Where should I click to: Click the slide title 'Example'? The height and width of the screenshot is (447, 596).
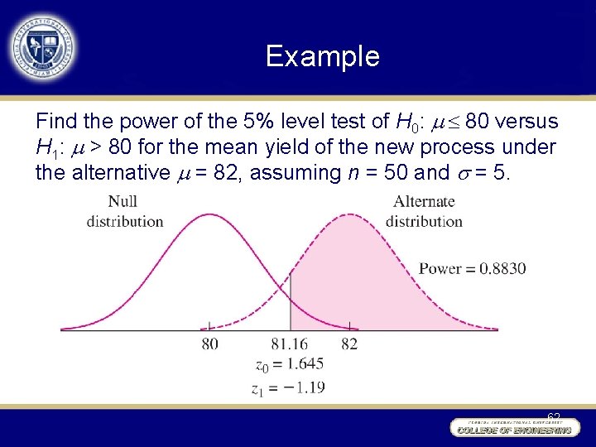(x=322, y=56)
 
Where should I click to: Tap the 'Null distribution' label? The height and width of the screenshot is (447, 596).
(x=125, y=211)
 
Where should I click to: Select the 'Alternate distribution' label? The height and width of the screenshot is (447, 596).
(x=424, y=211)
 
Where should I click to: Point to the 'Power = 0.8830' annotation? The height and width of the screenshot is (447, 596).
(x=472, y=268)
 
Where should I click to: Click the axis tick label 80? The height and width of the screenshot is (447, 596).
(x=209, y=344)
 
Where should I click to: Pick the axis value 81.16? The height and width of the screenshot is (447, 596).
(x=290, y=344)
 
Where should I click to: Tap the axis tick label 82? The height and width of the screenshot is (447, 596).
(x=349, y=344)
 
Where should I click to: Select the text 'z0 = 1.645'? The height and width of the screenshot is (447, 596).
(x=290, y=364)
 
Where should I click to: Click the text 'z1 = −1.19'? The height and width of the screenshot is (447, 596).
(x=290, y=386)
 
